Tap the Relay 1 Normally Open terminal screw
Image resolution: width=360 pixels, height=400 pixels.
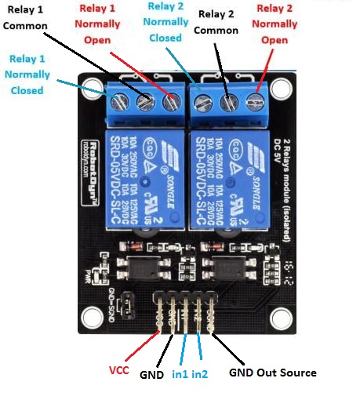pyautogui.click(x=170, y=101)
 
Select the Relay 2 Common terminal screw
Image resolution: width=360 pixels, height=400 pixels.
pyautogui.click(x=229, y=101)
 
